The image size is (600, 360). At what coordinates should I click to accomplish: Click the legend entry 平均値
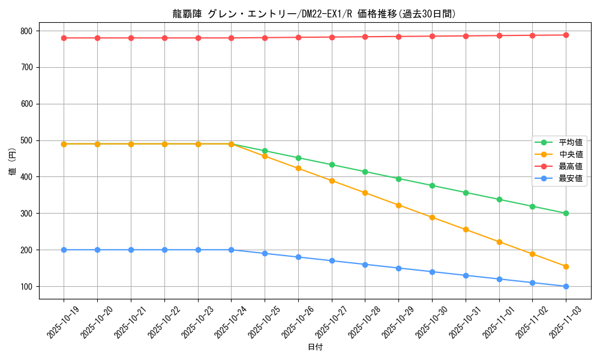[570, 143]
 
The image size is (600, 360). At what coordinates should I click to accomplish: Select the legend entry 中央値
[570, 155]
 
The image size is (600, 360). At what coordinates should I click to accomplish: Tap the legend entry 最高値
[570, 167]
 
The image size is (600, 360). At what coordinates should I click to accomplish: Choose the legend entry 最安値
[570, 178]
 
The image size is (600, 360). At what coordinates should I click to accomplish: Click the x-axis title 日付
[315, 347]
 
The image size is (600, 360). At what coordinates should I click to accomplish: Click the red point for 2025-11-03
[566, 35]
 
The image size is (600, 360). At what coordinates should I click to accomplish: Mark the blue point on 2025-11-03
[566, 286]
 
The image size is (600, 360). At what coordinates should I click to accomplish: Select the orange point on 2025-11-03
[566, 266]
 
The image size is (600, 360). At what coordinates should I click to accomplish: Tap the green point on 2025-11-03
[566, 213]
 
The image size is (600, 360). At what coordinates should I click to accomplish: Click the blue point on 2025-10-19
[64, 250]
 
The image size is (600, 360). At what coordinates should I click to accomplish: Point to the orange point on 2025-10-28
[365, 193]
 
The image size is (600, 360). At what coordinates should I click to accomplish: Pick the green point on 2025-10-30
[432, 185]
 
